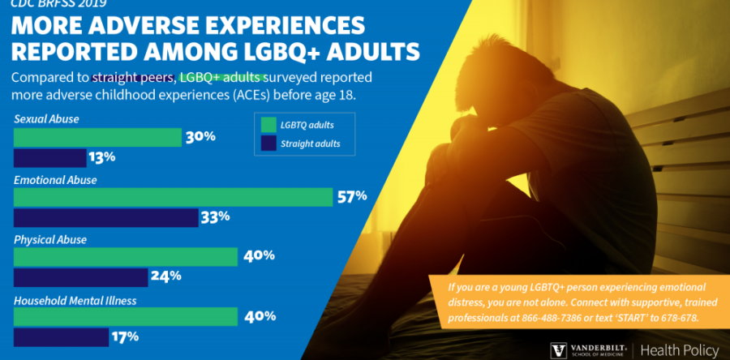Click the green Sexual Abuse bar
[97, 137]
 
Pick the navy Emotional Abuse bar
[106, 217]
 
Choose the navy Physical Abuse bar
[81, 277]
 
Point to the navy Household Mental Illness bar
[62, 336]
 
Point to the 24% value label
[165, 277]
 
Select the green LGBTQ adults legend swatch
[268, 125]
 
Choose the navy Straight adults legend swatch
[268, 144]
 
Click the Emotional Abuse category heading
[55, 180]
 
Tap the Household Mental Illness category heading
[74, 300]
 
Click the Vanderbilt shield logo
[559, 350]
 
